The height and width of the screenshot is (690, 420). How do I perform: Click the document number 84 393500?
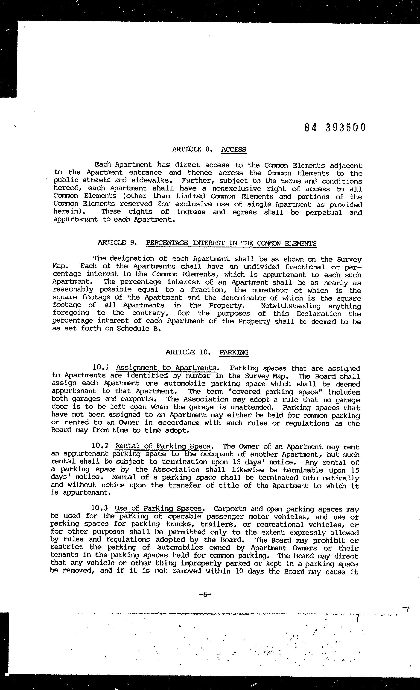tap(335, 128)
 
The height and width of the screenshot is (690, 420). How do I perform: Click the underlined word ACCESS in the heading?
tap(233, 149)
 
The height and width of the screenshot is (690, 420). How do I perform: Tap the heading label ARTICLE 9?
tap(117, 243)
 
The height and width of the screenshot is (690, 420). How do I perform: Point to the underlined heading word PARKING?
tap(234, 352)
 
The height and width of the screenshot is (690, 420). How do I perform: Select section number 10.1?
tap(100, 367)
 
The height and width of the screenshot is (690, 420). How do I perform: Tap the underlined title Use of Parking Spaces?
tap(159, 509)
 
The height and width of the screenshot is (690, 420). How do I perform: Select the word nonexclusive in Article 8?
tap(236, 189)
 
